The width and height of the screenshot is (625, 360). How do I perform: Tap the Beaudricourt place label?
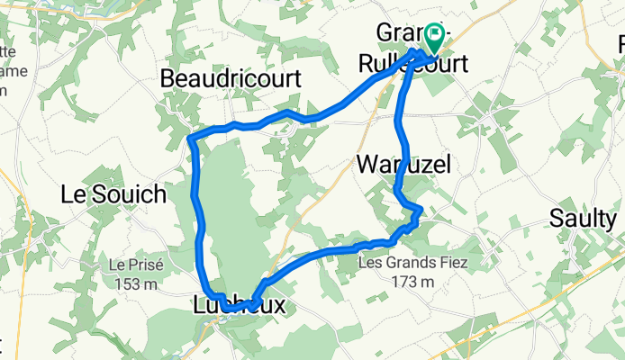(231, 79)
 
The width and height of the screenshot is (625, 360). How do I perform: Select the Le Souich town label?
(113, 193)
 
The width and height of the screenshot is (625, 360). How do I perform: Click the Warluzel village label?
(403, 164)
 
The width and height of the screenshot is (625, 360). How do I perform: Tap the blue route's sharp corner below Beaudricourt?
(192, 137)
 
